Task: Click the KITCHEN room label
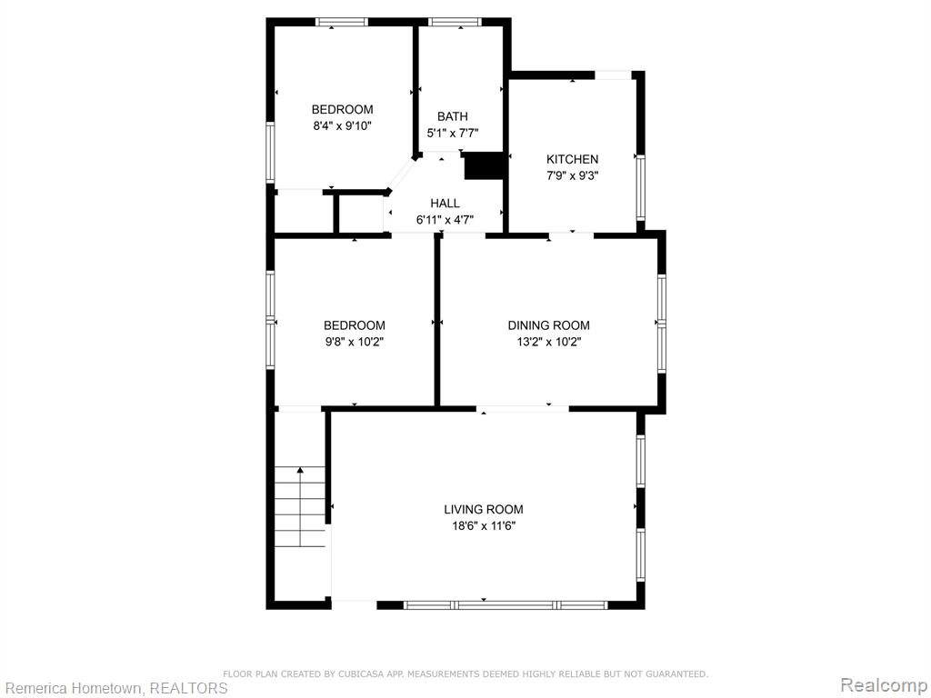click(573, 159)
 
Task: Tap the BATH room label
click(453, 116)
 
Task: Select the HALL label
click(445, 203)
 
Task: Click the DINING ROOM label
click(548, 325)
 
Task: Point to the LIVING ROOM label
click(484, 509)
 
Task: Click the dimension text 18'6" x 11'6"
click(484, 526)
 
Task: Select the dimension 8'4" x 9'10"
click(343, 125)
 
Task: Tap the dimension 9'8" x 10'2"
click(355, 342)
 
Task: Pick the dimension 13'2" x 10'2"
click(548, 342)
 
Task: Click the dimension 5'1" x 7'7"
click(453, 133)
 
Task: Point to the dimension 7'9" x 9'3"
click(573, 175)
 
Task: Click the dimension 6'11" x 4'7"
click(445, 220)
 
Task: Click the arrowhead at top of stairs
click(300, 470)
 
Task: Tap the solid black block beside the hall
click(484, 165)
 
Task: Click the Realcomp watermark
click(884, 685)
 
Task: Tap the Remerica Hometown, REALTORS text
click(114, 688)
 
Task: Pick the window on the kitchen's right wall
click(640, 187)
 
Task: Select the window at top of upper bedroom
click(342, 22)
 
